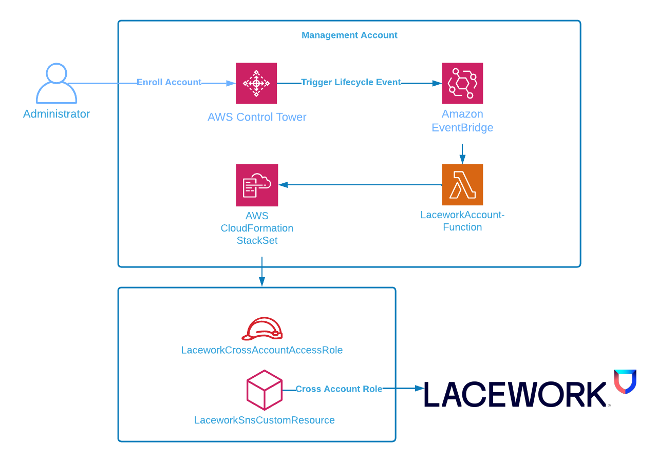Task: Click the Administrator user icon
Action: pos(57,84)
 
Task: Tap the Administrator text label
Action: pos(57,114)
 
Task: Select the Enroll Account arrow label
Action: pos(169,82)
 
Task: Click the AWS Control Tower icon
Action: pos(256,83)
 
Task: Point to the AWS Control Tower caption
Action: pos(257,117)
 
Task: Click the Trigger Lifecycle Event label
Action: pos(351,82)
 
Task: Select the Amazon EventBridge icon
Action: pos(462,83)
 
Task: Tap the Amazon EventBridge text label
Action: pos(462,121)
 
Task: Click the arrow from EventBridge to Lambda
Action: pos(462,153)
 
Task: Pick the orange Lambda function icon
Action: pos(462,185)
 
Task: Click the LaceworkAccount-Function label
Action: pos(462,221)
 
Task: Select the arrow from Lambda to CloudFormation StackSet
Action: pos(360,185)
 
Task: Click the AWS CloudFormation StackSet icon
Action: pos(257,185)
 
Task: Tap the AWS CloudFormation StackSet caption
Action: pos(257,228)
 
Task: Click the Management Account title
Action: pos(349,35)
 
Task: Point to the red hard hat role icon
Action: pos(262,329)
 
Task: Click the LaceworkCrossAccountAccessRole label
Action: pos(262,350)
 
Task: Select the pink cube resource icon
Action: pos(265,390)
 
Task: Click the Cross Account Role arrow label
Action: pos(339,389)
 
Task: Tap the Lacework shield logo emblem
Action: pos(625,381)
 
